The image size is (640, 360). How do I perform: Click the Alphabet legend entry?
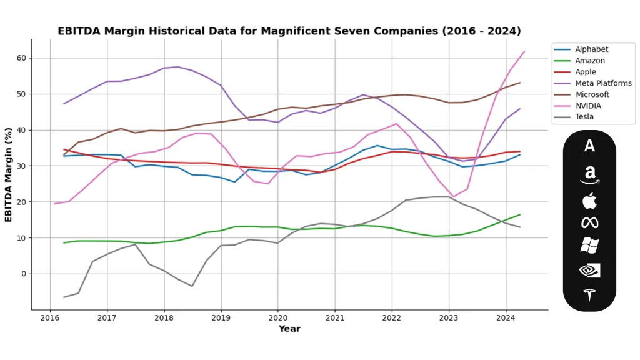coord(591,49)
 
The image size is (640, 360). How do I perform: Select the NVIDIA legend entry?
coord(588,106)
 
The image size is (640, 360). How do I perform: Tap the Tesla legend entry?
coord(584,117)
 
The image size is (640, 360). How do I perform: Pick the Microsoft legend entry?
coord(592,95)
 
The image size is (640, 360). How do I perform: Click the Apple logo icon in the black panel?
coord(589,201)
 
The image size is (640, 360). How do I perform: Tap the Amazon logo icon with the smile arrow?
coord(589,174)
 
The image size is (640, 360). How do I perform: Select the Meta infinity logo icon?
coord(589,222)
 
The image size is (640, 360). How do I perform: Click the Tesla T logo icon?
coord(589,295)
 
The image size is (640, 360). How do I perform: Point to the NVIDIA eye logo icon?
coord(589,270)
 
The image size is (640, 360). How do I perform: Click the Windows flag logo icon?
coord(589,246)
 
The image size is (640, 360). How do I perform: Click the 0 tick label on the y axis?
coord(23,274)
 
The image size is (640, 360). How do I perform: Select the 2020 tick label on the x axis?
coord(277,317)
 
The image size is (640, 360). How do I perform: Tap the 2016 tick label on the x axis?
coord(50,317)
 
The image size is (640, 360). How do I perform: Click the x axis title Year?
coord(289,329)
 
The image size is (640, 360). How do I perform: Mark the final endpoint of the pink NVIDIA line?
coord(524,51)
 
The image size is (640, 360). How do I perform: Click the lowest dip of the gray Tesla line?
coord(64,297)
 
